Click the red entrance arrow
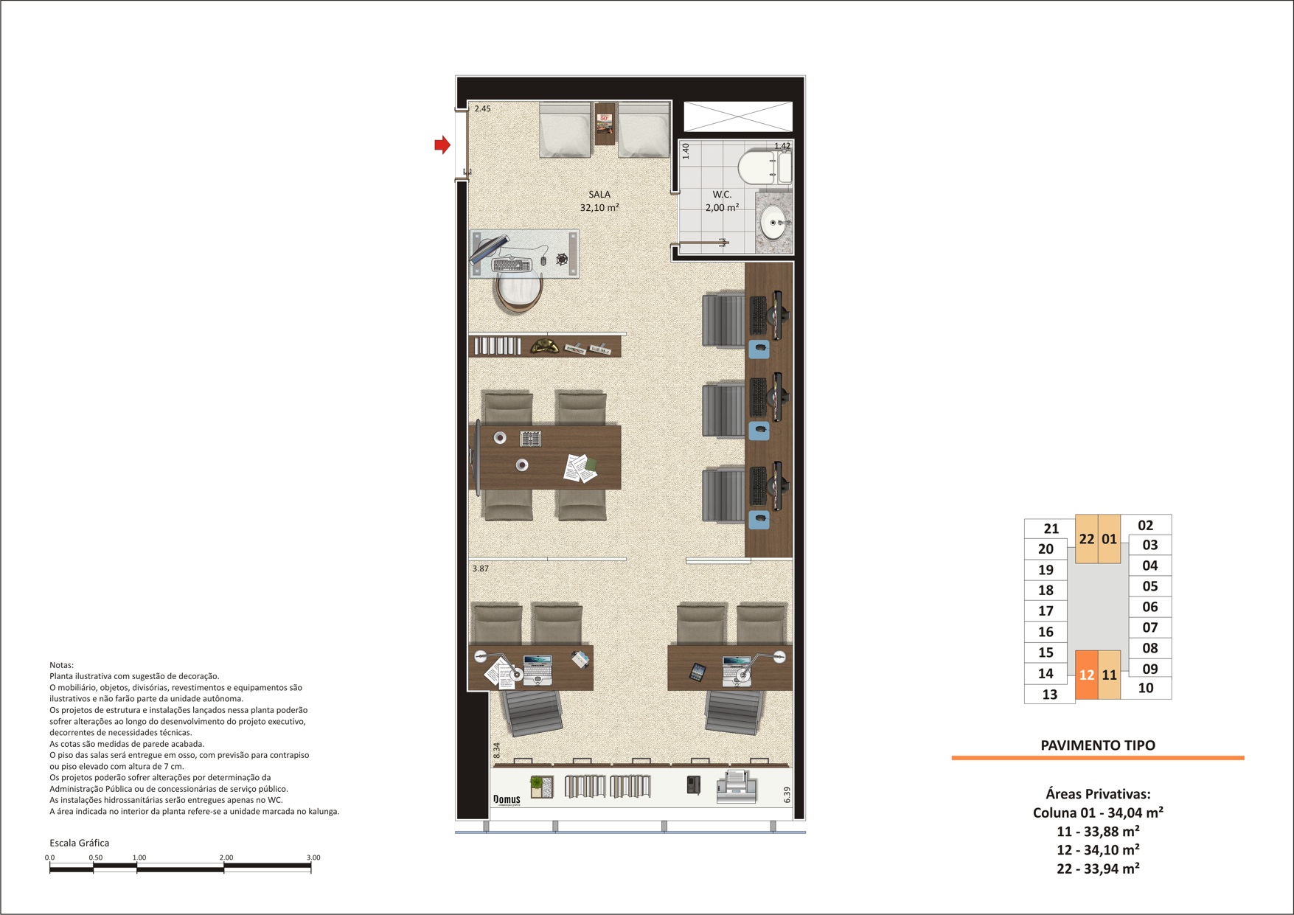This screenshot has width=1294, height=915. (442, 145)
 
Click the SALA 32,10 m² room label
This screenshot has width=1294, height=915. (599, 201)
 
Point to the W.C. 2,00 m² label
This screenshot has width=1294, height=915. (722, 201)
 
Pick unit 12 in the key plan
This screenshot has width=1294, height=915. (1087, 675)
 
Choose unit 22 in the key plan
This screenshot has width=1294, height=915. (1087, 539)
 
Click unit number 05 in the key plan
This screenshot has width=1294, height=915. (1150, 586)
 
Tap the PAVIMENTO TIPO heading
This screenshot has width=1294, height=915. (1098, 745)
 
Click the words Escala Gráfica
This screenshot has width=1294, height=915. (79, 843)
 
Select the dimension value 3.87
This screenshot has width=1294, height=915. (481, 568)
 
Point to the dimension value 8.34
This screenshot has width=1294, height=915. (497, 751)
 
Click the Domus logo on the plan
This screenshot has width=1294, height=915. (507, 800)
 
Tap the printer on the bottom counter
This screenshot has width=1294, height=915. (737, 786)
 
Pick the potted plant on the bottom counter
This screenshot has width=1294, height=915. (542, 787)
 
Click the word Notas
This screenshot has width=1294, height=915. (61, 665)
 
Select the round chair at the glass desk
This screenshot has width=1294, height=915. (518, 293)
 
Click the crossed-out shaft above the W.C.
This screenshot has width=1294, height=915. (738, 116)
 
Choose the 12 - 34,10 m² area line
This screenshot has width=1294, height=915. (1098, 850)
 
